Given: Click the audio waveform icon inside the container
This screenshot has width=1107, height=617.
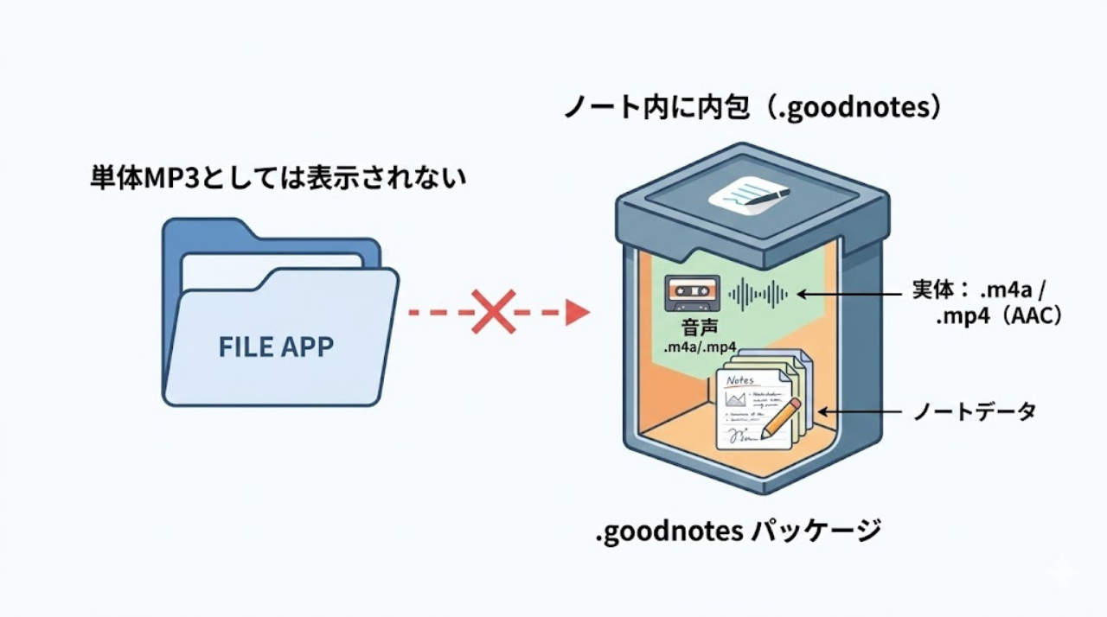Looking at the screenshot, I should pos(758,295).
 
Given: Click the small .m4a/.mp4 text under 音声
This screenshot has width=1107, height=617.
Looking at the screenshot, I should pos(699,347).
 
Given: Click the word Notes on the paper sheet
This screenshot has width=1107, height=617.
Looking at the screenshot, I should pos(741,380).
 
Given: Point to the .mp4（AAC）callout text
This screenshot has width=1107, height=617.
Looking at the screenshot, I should pos(998,317).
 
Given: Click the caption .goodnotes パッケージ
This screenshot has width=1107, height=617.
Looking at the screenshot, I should pos(738,531).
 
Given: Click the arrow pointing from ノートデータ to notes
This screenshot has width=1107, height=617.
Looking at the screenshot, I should pos(861,412).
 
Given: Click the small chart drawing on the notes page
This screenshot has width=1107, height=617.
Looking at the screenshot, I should pos(736,399).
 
